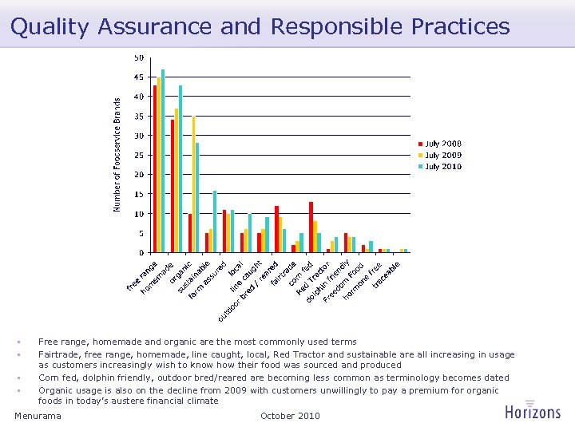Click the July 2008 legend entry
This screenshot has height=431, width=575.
coord(442,144)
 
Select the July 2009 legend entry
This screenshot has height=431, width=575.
coord(442,155)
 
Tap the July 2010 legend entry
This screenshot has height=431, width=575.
coord(442,166)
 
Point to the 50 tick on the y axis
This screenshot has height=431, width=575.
coord(139,57)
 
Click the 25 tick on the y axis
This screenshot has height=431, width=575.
coord(139,155)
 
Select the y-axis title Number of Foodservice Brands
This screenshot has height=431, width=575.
coord(117,155)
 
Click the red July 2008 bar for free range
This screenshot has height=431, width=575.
coord(155,169)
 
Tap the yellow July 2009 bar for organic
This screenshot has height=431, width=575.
coord(193,184)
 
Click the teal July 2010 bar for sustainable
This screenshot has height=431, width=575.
coord(215,221)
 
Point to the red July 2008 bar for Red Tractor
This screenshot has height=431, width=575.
coord(311,227)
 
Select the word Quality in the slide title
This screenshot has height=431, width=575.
coord(50,26)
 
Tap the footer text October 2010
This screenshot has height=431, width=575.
coord(290,416)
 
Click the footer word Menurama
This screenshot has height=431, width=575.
coord(38,416)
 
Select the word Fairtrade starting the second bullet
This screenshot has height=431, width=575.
coord(57,354)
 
